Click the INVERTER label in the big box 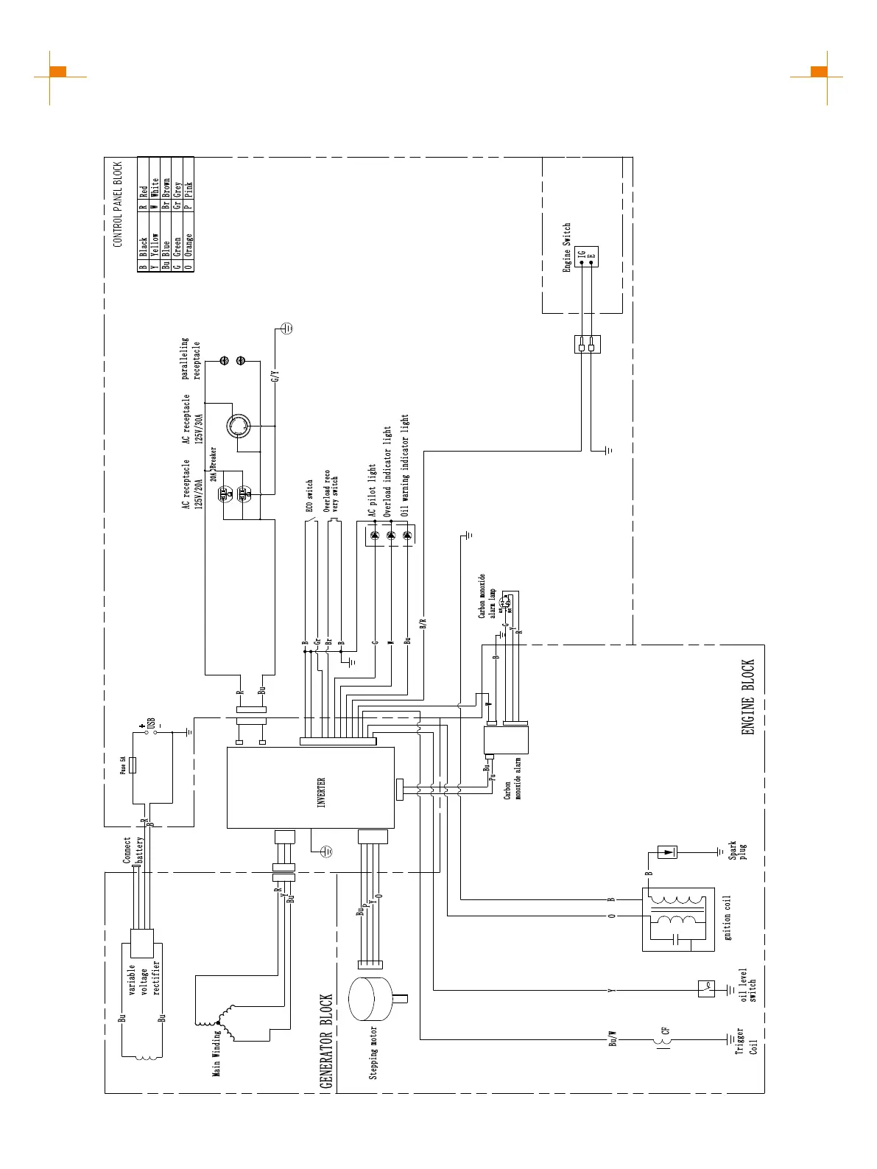click(x=321, y=793)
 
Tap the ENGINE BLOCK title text click(x=748, y=697)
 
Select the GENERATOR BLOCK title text click(x=326, y=1041)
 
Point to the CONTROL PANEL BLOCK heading click(x=118, y=204)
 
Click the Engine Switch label click(x=567, y=248)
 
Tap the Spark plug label click(x=737, y=851)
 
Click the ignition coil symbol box click(x=678, y=919)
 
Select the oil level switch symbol click(x=706, y=989)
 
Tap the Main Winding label click(x=216, y=1053)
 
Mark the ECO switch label click(x=310, y=496)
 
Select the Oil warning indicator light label click(x=405, y=466)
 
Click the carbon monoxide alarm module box click(x=506, y=740)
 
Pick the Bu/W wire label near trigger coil click(x=613, y=1039)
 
